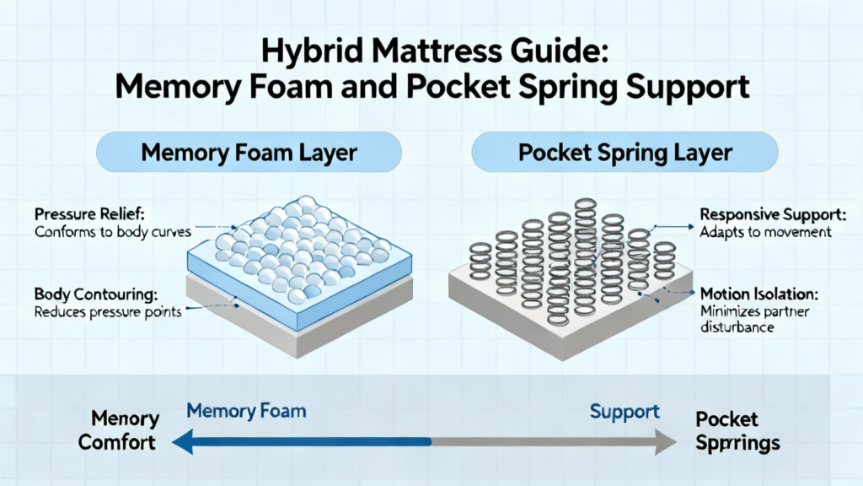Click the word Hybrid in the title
(x=312, y=51)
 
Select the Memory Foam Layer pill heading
(x=249, y=152)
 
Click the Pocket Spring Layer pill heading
(x=625, y=152)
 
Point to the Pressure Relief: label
(x=89, y=213)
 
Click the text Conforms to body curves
(x=113, y=231)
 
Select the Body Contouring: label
(x=96, y=294)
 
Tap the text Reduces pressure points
(x=108, y=312)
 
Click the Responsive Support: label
(x=773, y=214)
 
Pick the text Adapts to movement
(x=765, y=232)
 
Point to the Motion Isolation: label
(x=759, y=294)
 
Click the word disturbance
(x=737, y=327)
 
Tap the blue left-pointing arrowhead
(x=183, y=442)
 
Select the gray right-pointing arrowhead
(x=666, y=442)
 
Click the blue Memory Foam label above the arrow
(x=246, y=411)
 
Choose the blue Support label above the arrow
(x=624, y=412)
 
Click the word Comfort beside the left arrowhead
(x=116, y=442)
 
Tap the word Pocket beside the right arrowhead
(x=726, y=419)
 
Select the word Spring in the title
(x=569, y=88)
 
